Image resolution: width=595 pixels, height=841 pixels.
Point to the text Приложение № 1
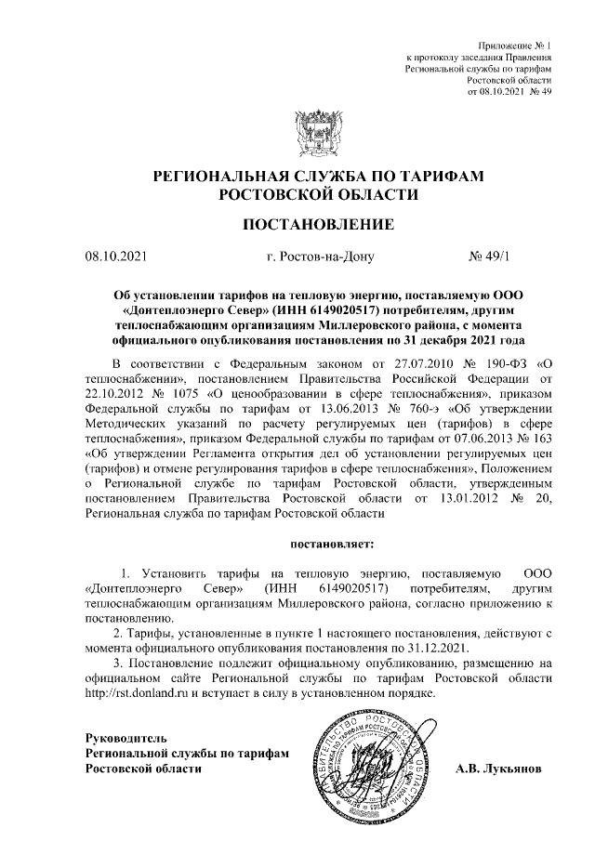click(515, 46)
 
